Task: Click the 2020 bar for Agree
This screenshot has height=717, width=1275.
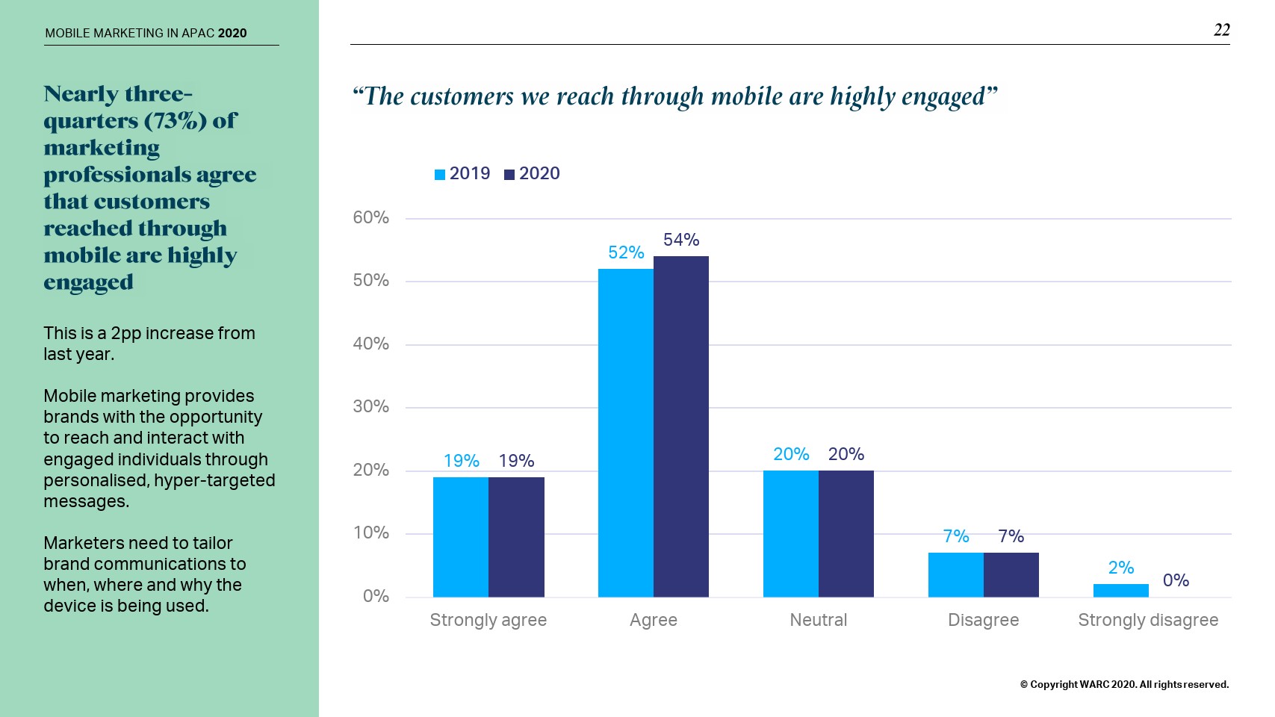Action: pyautogui.click(x=681, y=426)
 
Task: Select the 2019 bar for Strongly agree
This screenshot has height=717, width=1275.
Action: pyautogui.click(x=461, y=537)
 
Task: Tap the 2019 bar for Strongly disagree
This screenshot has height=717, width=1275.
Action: pyautogui.click(x=1120, y=591)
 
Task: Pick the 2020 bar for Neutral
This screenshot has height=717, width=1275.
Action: pyautogui.click(x=846, y=533)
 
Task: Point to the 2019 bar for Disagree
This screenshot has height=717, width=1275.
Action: pyautogui.click(x=955, y=574)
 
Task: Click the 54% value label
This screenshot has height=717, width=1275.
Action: pyautogui.click(x=681, y=240)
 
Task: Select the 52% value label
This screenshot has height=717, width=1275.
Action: pyautogui.click(x=626, y=252)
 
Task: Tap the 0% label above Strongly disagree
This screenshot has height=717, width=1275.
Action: pyautogui.click(x=1176, y=580)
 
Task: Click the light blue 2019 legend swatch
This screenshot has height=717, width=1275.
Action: pyautogui.click(x=440, y=175)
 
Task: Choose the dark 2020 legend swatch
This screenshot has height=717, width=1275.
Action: pyautogui.click(x=509, y=175)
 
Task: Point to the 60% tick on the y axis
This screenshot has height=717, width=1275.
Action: pyautogui.click(x=370, y=217)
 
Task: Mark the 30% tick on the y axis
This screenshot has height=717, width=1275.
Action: pyautogui.click(x=370, y=406)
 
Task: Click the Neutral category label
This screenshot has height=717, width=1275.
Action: pyautogui.click(x=819, y=620)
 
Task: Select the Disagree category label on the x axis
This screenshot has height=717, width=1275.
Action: pyautogui.click(x=983, y=620)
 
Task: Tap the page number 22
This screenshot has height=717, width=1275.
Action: pyautogui.click(x=1221, y=30)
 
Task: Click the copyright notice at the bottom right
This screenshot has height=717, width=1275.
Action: pyautogui.click(x=1124, y=684)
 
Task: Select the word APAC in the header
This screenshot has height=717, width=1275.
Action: pyautogui.click(x=198, y=33)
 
